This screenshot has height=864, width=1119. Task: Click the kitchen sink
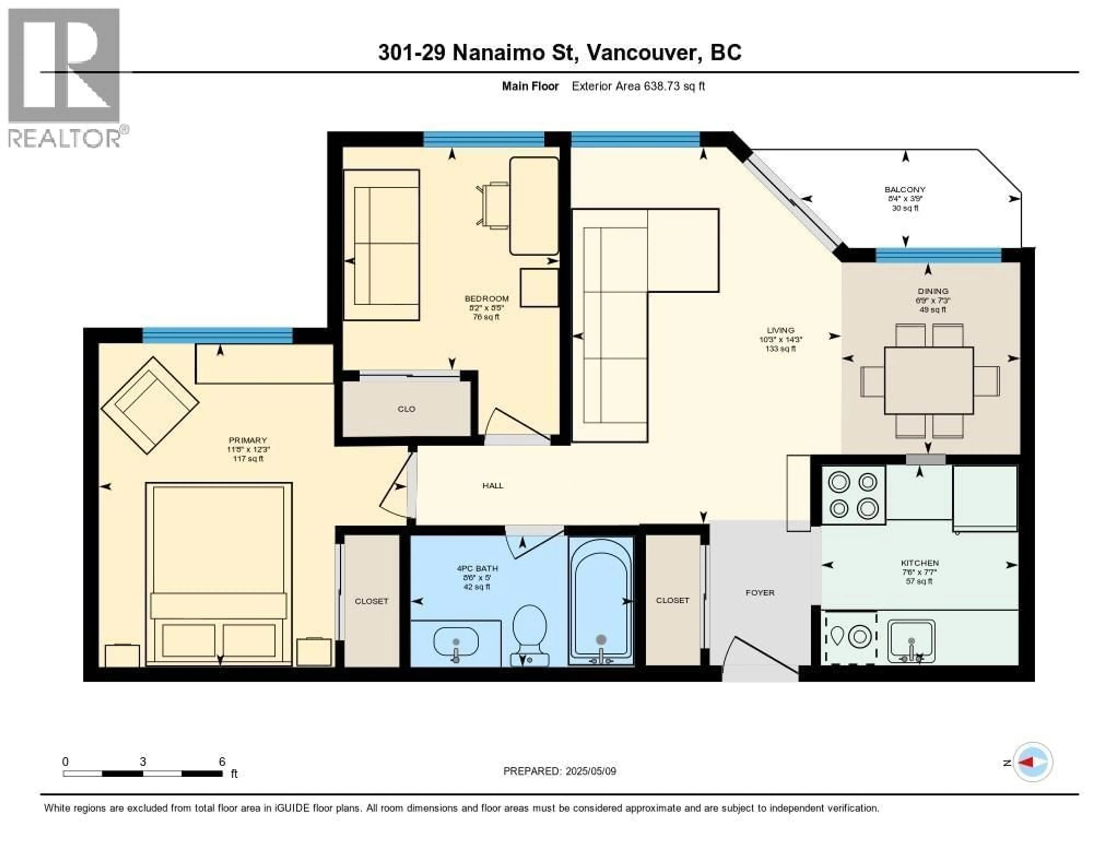coord(911,640)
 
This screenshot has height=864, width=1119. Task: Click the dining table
coord(928,380)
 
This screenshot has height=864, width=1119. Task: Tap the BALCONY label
coord(905,190)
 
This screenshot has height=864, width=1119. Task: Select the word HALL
coord(492,486)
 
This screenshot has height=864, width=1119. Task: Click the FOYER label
coord(760,593)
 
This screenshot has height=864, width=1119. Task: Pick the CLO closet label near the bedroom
coord(406,409)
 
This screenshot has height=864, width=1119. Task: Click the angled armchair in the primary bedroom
coord(149,405)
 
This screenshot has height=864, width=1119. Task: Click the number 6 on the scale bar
coord(222,761)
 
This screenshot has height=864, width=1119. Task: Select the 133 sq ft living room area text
coord(780,349)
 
